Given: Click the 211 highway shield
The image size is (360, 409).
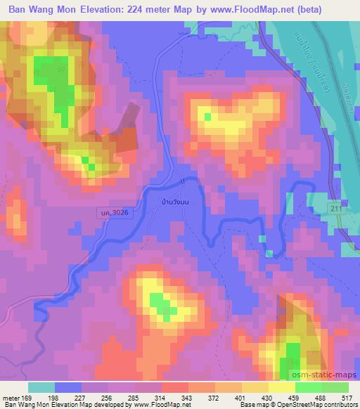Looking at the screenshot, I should [x=338, y=209].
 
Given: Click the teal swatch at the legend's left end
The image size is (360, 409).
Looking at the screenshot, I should [x=41, y=387].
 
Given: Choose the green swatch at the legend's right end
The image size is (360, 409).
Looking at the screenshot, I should [x=335, y=387].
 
